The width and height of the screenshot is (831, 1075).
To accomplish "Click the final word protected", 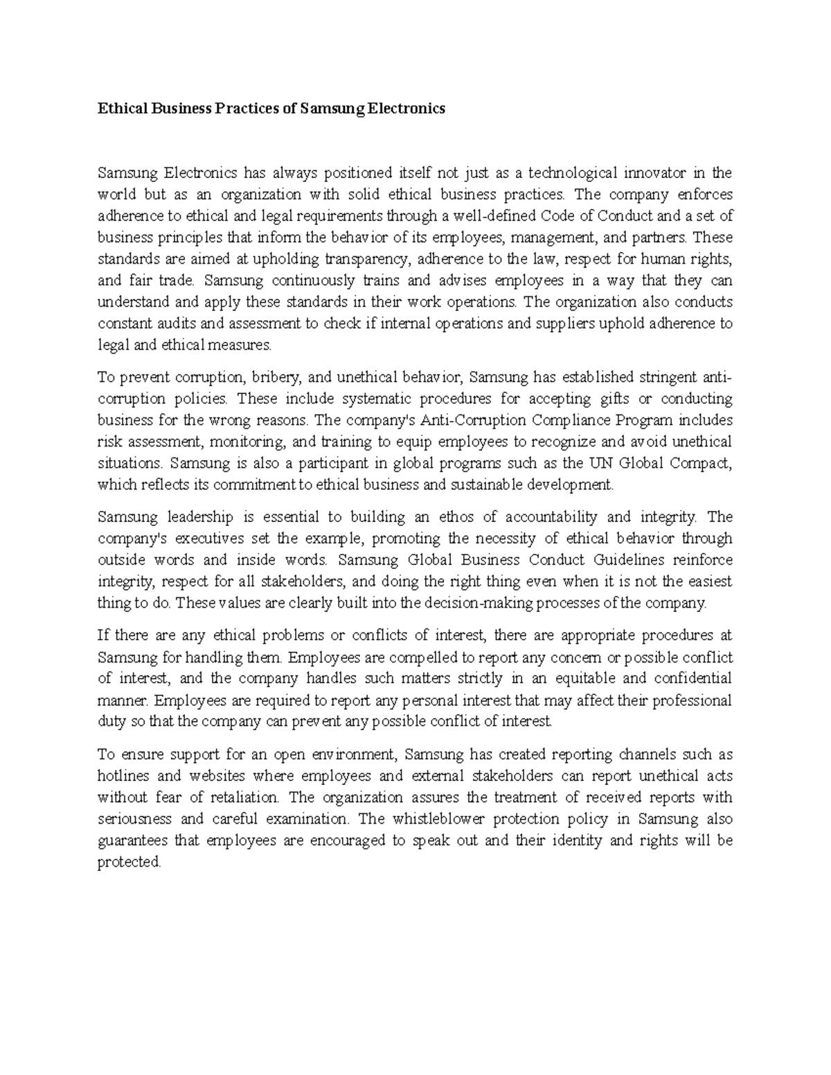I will (129, 862).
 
